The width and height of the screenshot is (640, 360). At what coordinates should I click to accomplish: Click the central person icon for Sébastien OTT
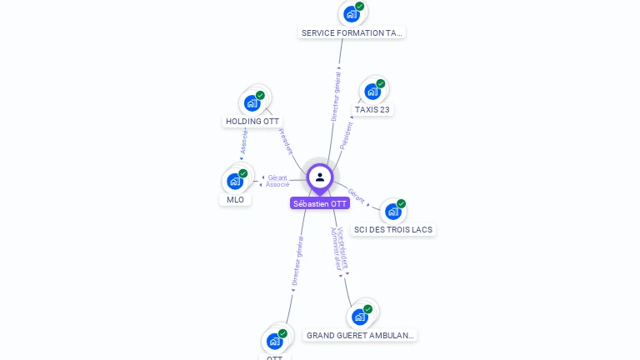click(320, 177)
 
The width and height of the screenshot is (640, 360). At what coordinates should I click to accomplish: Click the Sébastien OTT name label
click(320, 203)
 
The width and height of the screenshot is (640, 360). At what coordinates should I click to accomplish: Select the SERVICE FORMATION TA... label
click(352, 33)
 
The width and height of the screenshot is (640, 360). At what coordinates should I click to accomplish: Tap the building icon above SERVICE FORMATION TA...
click(352, 14)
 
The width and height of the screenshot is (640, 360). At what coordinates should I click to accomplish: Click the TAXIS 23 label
click(372, 109)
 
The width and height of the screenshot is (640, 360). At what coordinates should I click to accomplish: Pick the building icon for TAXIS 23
click(372, 91)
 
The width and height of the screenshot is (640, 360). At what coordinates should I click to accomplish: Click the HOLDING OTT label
click(252, 122)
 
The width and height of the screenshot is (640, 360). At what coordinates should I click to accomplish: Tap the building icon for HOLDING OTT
click(252, 103)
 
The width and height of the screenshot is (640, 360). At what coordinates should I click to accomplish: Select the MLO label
click(235, 200)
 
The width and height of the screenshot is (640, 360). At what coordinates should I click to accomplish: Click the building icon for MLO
click(235, 181)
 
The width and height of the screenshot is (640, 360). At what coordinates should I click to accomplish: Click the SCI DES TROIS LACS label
click(393, 230)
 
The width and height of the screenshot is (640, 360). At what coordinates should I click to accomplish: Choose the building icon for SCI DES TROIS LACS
click(392, 212)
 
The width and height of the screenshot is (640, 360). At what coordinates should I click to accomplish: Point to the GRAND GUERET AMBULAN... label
click(359, 336)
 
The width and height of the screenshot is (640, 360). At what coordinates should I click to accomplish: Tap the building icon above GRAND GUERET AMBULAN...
click(359, 317)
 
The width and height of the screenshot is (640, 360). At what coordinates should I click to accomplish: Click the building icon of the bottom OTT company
click(274, 341)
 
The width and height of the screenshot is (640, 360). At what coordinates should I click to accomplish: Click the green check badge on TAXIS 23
click(381, 83)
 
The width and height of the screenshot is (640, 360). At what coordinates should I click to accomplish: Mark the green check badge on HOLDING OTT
click(260, 96)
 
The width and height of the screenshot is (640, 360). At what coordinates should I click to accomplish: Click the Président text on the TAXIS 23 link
click(347, 134)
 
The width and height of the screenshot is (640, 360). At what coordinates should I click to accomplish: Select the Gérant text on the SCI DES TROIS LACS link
click(357, 197)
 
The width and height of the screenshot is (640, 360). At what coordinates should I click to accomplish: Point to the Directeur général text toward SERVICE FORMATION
click(336, 98)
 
